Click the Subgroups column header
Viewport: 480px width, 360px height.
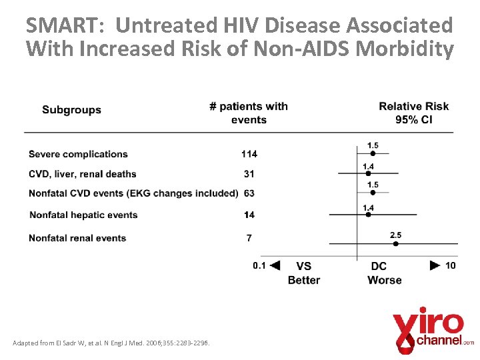[x=71, y=110]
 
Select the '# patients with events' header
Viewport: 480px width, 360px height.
[x=249, y=113]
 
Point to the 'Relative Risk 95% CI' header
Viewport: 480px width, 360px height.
[x=413, y=113]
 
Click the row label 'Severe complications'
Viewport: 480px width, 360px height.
[x=78, y=154]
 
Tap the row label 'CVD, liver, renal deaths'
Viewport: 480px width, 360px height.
[x=82, y=174]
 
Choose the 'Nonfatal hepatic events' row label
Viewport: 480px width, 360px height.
[x=83, y=215]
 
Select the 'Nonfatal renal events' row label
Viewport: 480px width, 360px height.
[x=77, y=238]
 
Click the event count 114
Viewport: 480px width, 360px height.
[x=249, y=154]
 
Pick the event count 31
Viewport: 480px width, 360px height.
[x=249, y=174]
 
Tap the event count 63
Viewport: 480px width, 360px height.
[x=249, y=193]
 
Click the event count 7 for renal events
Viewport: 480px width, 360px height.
[x=249, y=238]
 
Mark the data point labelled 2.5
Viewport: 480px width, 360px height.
[x=395, y=244]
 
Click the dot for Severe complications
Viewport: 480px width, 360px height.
[x=373, y=153]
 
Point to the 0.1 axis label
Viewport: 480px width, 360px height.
[x=259, y=265]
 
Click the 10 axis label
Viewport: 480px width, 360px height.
[x=451, y=265]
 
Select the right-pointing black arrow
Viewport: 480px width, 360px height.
[x=435, y=265]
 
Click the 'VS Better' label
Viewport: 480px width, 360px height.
[x=304, y=273]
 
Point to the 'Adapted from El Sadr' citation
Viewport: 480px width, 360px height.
[x=111, y=343]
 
